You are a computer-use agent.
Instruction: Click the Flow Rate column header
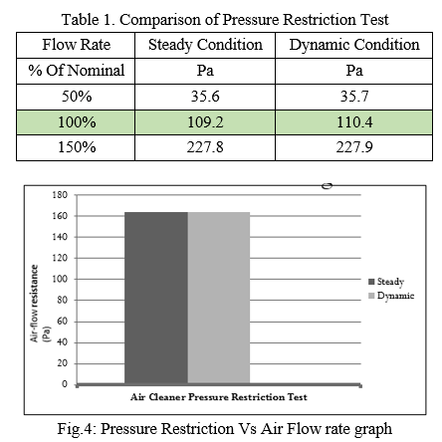coord(77,45)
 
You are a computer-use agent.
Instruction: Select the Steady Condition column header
coord(205,45)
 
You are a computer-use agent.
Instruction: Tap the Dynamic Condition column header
coord(354,45)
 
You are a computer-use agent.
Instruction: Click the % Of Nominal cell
coord(77,71)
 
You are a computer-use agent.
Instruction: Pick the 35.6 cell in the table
coord(205,97)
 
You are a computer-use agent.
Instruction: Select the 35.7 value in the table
coord(354,97)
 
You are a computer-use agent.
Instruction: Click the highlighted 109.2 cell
coord(205,122)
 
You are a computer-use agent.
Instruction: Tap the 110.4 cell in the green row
coord(354,122)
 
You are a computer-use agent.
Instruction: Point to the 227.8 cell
coord(205,147)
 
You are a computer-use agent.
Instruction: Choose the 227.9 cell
coord(354,147)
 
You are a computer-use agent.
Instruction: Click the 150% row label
coord(77,147)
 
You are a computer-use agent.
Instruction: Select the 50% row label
coord(77,97)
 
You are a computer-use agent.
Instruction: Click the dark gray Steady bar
coord(156,298)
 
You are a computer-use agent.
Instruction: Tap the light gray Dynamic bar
coord(219,298)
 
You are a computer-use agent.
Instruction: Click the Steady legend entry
coord(386,282)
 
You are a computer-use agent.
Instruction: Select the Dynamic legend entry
coord(391,296)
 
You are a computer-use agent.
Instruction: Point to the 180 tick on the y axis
coord(60,195)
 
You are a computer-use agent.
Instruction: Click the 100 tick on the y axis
coord(60,279)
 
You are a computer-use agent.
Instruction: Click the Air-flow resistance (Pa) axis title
coord(40,304)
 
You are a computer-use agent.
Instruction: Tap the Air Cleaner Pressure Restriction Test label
coord(219,397)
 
